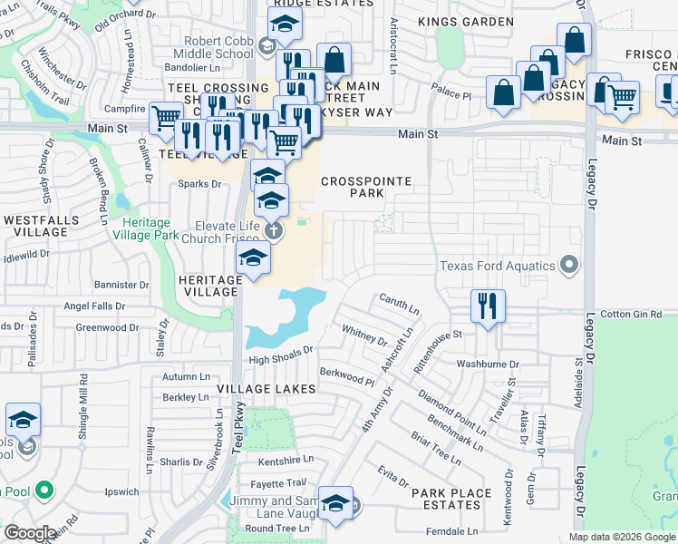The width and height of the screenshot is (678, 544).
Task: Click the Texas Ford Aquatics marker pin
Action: [x=568, y=265]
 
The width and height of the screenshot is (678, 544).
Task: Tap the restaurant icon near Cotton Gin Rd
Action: [x=488, y=306]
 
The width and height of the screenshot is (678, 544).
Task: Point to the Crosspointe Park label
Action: [x=366, y=188]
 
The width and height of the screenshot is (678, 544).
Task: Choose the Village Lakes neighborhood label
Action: [x=266, y=389]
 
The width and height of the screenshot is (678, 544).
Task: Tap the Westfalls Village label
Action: [x=35, y=226]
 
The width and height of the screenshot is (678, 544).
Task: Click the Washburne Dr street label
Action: [x=488, y=364]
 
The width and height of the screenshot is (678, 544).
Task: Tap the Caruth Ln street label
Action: [x=399, y=304]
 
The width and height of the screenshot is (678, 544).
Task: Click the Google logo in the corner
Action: [x=31, y=533]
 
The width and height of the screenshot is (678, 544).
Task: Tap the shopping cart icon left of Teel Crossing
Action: [x=165, y=116]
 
